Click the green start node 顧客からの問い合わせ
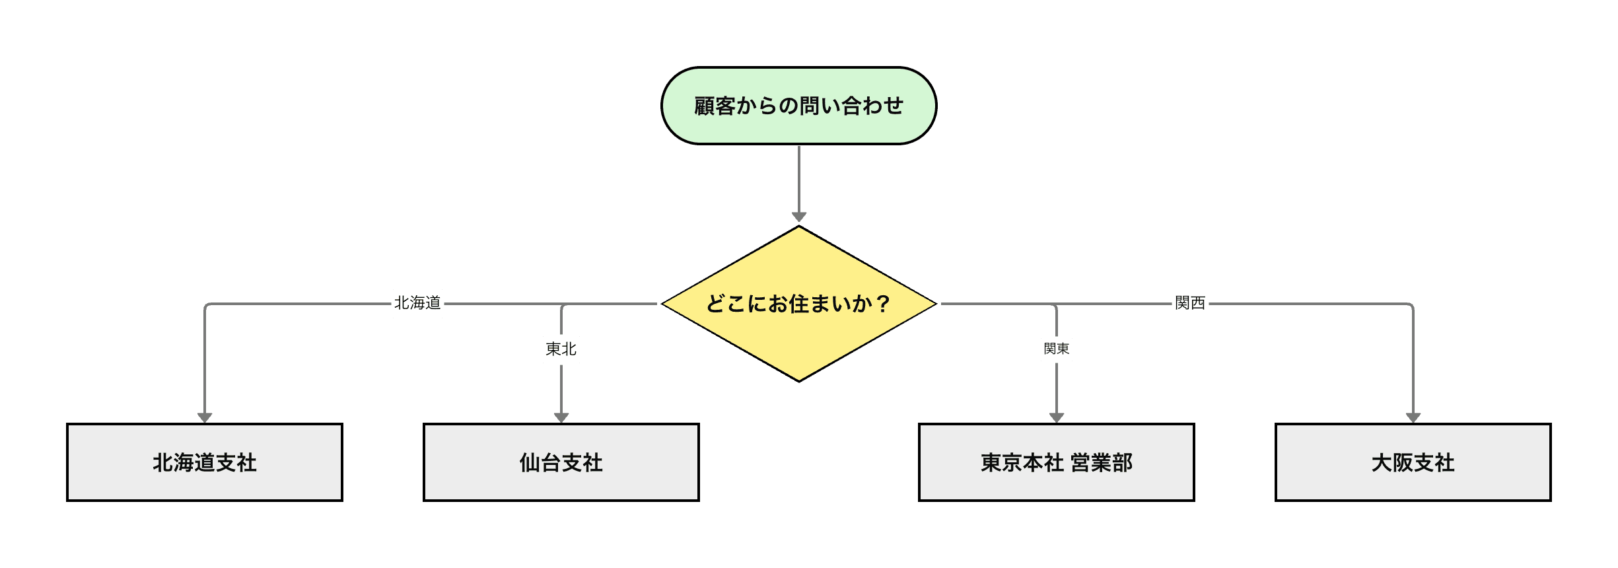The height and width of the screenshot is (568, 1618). coord(798,106)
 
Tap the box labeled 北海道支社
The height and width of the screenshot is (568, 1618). coord(205,462)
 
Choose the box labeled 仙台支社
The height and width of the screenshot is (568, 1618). coord(561,462)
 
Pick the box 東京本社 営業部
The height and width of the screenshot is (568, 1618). coord(1056,462)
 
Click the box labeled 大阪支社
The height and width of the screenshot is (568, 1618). coord(1413,462)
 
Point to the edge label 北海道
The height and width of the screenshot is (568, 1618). coord(417,303)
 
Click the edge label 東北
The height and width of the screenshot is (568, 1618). coord(561,349)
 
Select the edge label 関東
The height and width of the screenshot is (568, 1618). coord(1056,349)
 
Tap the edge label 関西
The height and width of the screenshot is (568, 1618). coord(1190,303)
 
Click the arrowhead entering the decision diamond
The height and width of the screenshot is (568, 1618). coord(798,217)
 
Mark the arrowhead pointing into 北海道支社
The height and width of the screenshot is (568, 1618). coord(205,417)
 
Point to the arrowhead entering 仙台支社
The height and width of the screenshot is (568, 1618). coord(561,417)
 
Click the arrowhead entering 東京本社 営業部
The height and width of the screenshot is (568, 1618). coord(1056,417)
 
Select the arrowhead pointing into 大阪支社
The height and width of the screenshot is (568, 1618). coord(1413,417)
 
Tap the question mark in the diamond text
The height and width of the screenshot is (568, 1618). coord(883,304)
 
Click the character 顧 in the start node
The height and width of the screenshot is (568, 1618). coord(705,106)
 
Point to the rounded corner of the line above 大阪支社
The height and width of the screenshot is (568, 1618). coord(1411,306)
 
